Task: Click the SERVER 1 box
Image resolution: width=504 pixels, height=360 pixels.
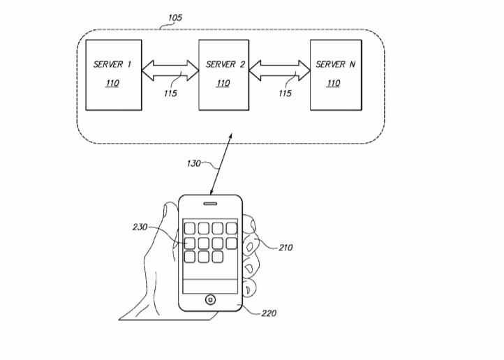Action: pos(112,74)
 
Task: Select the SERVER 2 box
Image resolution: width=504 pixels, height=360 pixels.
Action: pos(225,74)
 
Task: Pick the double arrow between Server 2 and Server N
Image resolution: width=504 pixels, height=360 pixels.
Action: pos(279,70)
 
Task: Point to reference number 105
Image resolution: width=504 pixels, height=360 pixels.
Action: pos(175,17)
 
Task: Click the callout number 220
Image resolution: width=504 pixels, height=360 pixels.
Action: pos(269,313)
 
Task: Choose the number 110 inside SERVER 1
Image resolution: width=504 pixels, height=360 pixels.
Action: pos(111,84)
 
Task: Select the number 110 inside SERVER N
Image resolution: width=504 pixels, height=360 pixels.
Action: pos(334,84)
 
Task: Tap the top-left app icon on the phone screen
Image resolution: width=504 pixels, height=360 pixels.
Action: pos(189,227)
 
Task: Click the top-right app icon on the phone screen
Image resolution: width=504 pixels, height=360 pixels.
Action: pos(232,227)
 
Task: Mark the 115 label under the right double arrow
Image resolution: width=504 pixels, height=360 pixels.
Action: pos(284,94)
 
